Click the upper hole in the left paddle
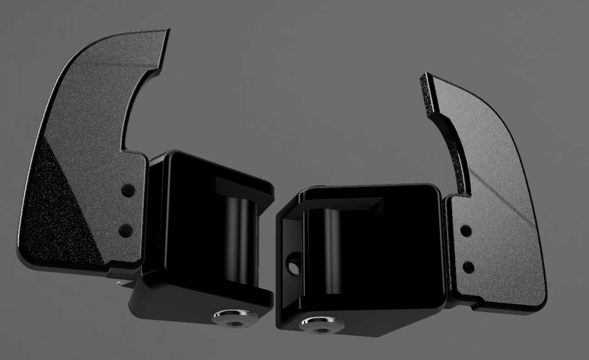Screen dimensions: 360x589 pos(128,190)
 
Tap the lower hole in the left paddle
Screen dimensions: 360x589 pos(125,230)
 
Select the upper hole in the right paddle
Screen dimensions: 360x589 pos(466,231)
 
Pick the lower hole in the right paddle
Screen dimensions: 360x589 pos(468,267)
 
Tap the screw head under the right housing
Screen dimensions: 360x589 pos(322,324)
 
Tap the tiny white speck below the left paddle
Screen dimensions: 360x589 pos(119,282)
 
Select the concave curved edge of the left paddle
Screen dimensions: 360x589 pos(131,106)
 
